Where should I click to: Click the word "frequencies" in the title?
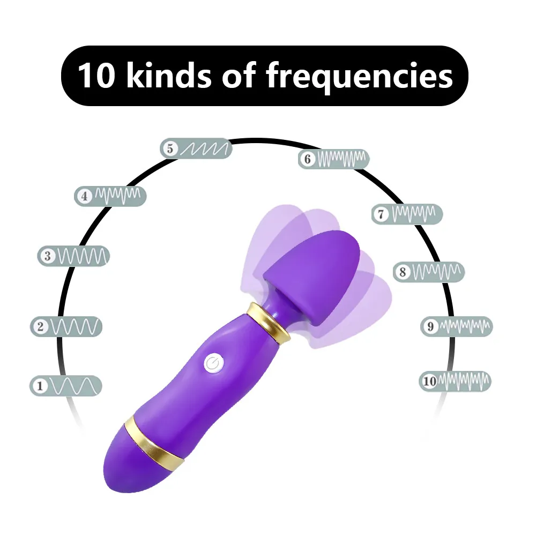pyautogui.click(x=359, y=76)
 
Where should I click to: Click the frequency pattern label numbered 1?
pyautogui.click(x=65, y=385)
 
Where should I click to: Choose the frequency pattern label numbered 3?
pyautogui.click(x=73, y=256)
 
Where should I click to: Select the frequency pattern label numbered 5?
pyautogui.click(x=196, y=148)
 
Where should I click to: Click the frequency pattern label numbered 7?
pyautogui.click(x=407, y=214)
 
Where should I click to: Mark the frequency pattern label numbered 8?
pyautogui.click(x=429, y=272)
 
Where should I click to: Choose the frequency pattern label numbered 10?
pyautogui.click(x=455, y=381)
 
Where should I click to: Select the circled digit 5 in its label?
pyautogui.click(x=170, y=148)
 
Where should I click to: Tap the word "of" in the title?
pyautogui.click(x=239, y=76)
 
